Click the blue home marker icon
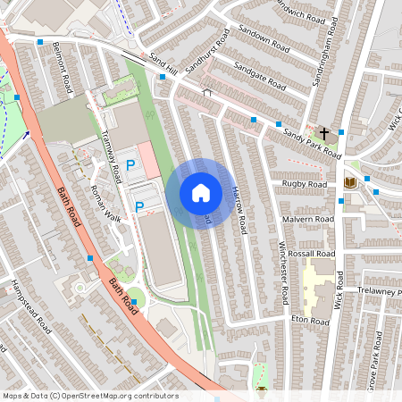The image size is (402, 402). [x=201, y=193]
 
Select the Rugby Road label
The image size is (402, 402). [x=305, y=183]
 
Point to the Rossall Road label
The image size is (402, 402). [x=313, y=254]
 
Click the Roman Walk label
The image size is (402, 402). [x=105, y=204]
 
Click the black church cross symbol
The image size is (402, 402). [x=322, y=133]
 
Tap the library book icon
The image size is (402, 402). [x=350, y=183]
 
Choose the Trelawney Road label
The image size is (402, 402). [x=380, y=292]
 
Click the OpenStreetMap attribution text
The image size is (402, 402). [x=90, y=396]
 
